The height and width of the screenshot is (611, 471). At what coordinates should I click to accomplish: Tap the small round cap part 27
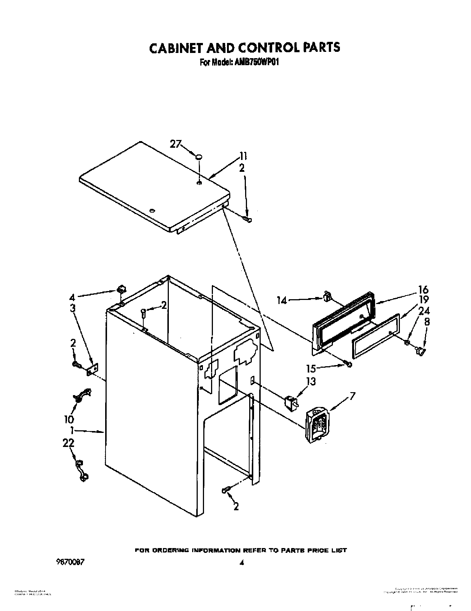click(199, 157)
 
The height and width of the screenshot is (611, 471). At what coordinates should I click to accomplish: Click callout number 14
click(283, 300)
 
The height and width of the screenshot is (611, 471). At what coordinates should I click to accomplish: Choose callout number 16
click(424, 290)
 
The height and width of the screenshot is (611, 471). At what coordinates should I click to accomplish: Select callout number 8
click(427, 322)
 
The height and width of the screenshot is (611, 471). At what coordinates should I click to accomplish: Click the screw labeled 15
click(348, 365)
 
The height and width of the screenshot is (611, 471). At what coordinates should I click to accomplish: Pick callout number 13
click(311, 381)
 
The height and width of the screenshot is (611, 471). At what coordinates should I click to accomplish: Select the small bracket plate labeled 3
click(93, 369)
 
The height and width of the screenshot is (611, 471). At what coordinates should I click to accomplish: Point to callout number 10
click(69, 419)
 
